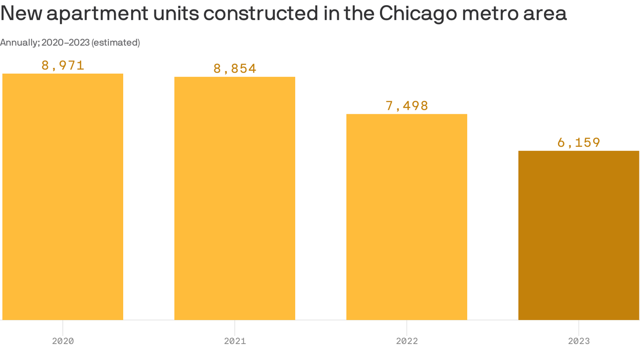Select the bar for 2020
pos(63,197)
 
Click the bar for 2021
pos(235,198)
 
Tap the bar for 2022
pos(407,217)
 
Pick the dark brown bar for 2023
pos(579,235)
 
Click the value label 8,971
pos(63,65)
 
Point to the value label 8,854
pos(235,68)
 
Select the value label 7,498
pos(407,105)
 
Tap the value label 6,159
pos(579,142)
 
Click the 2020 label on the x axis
pos(63,341)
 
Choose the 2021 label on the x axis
pos(235,341)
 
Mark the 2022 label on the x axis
pos(407,341)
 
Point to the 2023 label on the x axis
pos(579,341)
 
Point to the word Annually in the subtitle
pos(19,43)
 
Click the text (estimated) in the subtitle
pos(115,43)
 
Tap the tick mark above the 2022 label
pos(407,325)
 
